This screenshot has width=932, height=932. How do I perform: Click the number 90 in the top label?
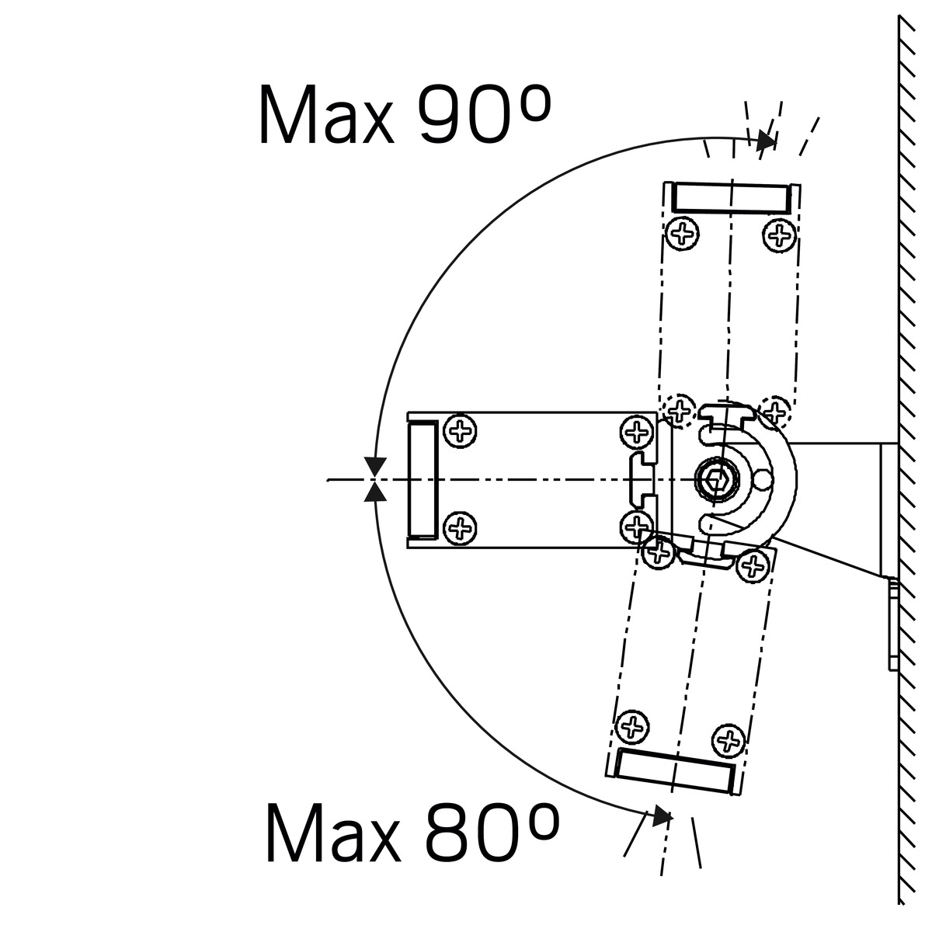[464, 114]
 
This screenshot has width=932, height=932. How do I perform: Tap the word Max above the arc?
[327, 115]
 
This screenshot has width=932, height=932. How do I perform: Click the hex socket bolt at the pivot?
[717, 479]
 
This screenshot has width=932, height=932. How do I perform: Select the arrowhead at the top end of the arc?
[767, 141]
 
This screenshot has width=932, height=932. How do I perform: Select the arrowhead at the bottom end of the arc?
[662, 816]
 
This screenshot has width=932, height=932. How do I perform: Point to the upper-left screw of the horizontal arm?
[460, 430]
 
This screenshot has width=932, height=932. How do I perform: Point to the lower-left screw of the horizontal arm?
[460, 527]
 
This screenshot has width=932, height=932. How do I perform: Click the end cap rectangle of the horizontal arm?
[423, 479]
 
